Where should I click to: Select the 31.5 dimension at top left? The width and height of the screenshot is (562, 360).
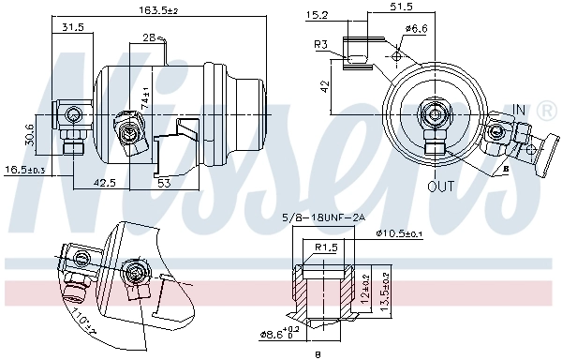tap(72, 27)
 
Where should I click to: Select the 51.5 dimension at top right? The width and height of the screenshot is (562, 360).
tap(402, 7)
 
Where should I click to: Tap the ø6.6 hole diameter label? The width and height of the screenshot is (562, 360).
tap(416, 29)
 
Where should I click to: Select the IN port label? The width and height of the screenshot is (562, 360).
tap(519, 110)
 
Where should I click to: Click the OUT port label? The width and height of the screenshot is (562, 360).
tap(440, 186)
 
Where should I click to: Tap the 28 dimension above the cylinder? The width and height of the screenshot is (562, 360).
tap(150, 37)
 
